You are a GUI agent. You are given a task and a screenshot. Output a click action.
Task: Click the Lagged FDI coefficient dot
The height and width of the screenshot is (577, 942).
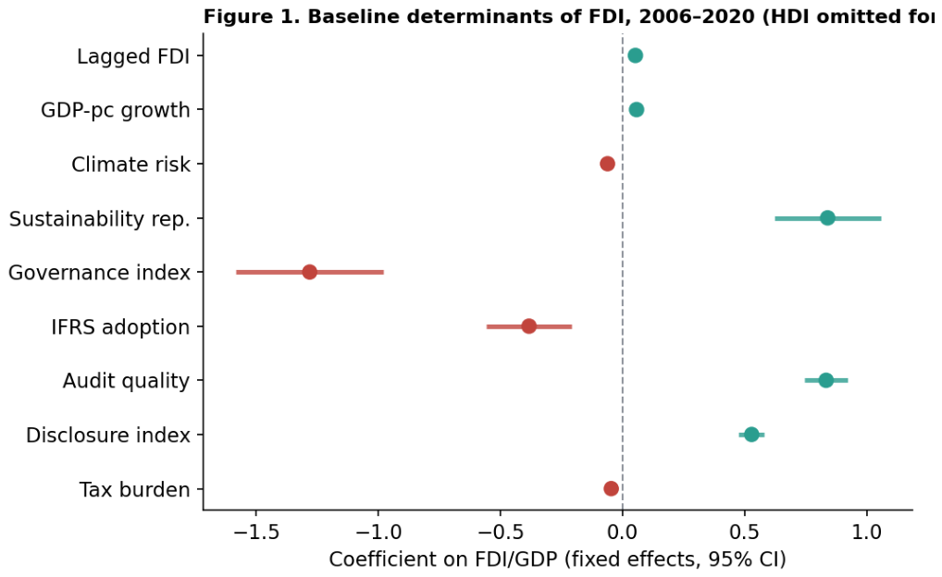pos(635,55)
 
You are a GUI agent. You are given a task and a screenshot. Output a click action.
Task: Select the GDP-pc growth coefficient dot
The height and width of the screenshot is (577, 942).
pos(637,110)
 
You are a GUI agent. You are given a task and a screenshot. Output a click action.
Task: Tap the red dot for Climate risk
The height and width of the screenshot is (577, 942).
pos(607,164)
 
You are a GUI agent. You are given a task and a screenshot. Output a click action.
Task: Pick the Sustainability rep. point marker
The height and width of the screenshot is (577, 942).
pos(827,218)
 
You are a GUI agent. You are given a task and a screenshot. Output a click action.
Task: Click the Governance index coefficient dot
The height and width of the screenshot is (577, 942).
pos(309,272)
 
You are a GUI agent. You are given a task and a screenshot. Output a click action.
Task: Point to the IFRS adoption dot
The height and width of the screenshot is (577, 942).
pos(528,326)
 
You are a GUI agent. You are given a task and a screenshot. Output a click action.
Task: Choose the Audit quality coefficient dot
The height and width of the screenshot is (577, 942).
pos(826,380)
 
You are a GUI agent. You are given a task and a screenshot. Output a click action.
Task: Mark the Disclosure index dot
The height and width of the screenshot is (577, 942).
pos(751,435)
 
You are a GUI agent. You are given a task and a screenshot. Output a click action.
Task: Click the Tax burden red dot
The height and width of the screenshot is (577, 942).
pos(611,489)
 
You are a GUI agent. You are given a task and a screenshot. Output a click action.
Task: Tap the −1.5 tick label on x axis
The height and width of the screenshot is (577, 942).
pos(256,532)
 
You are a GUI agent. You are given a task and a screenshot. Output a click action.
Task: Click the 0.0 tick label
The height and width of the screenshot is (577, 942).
pos(623,532)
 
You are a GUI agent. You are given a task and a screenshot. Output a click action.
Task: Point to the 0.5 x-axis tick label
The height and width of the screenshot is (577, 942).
pos(745,532)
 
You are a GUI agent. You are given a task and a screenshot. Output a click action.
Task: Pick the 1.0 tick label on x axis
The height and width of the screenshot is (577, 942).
pos(867,532)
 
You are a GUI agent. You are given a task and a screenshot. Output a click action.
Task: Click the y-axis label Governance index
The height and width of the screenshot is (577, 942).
pos(99,273)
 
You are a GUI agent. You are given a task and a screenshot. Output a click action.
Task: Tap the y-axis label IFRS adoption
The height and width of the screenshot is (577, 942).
pos(120,327)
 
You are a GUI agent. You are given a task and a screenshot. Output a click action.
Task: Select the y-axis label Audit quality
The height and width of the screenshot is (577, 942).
pos(126,381)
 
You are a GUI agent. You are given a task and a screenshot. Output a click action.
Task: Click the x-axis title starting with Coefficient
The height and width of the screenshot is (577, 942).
pos(557,559)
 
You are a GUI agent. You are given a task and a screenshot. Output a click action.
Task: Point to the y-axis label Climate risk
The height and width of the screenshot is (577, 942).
pos(131,165)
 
